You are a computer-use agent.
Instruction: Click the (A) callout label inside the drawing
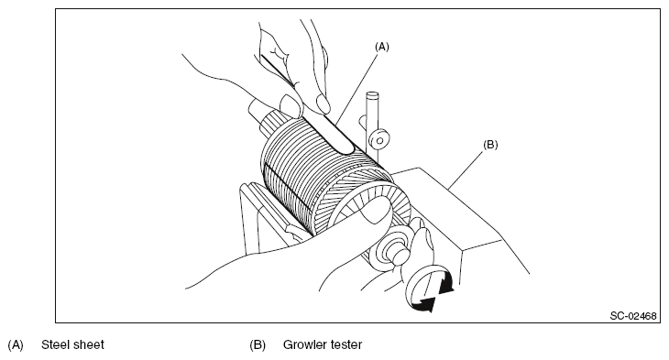(x=382, y=47)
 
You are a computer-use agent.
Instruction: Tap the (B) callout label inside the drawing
(x=490, y=145)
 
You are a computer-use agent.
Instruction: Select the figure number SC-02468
(x=633, y=316)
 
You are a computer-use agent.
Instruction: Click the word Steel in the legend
(x=55, y=344)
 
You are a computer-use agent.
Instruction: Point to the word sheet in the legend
(x=88, y=344)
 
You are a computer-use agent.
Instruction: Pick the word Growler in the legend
(x=304, y=344)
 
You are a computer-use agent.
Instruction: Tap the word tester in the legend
(x=346, y=344)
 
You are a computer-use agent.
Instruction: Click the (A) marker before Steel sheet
(x=16, y=344)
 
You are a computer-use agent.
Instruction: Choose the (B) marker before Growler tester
(x=258, y=344)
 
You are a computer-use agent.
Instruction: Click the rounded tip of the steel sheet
(x=347, y=149)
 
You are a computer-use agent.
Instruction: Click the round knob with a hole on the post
(x=378, y=139)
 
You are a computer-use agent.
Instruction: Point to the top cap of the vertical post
(x=372, y=94)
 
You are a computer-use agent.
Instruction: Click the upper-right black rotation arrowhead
(x=446, y=285)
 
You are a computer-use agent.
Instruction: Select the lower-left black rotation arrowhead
(x=427, y=304)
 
